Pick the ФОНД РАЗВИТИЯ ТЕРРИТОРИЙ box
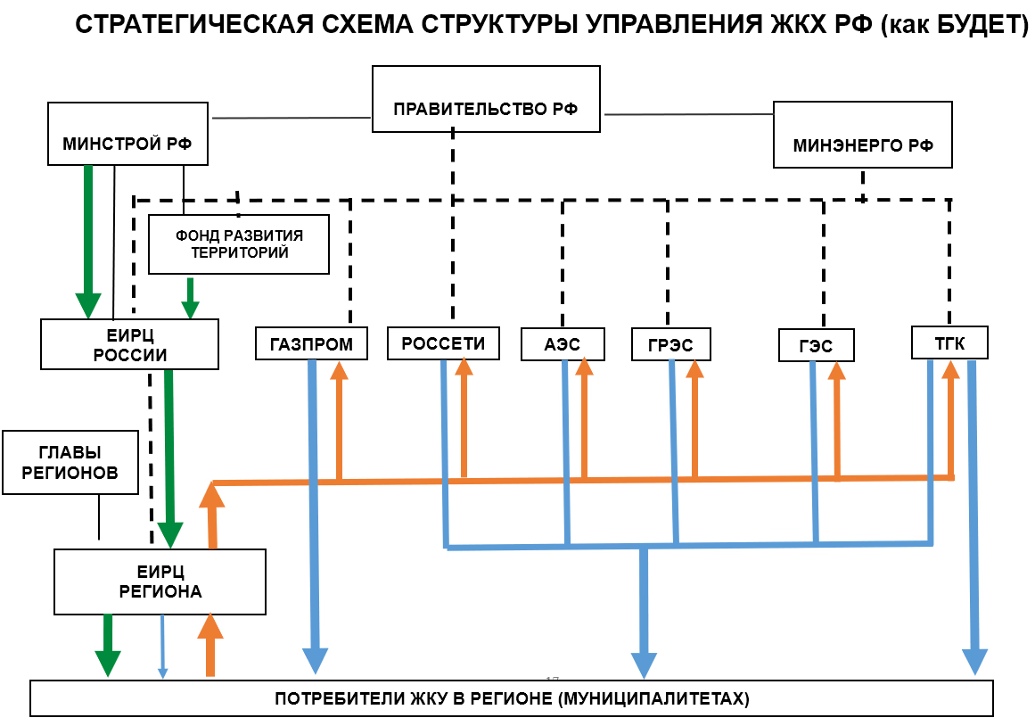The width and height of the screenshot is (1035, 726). pyautogui.click(x=239, y=244)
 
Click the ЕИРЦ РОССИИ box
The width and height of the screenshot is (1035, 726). pyautogui.click(x=129, y=345)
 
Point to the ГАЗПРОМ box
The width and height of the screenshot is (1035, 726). pyautogui.click(x=311, y=344)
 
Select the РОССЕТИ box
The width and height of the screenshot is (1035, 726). pyautogui.click(x=443, y=343)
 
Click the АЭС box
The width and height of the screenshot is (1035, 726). pyautogui.click(x=563, y=344)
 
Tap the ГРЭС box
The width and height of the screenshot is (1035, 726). pyautogui.click(x=671, y=345)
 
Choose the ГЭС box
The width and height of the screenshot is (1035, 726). pyautogui.click(x=816, y=346)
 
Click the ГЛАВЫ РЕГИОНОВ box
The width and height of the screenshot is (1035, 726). pyautogui.click(x=71, y=463)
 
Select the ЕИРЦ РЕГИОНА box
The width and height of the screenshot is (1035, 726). pyautogui.click(x=160, y=582)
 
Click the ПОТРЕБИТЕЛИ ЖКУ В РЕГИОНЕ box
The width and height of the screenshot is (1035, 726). pyautogui.click(x=512, y=698)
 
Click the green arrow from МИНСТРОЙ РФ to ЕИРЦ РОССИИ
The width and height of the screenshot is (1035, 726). pyautogui.click(x=88, y=241)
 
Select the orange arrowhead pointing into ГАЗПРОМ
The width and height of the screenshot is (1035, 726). pyautogui.click(x=339, y=370)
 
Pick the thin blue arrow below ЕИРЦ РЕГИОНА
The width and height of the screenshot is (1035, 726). pyautogui.click(x=162, y=646)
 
